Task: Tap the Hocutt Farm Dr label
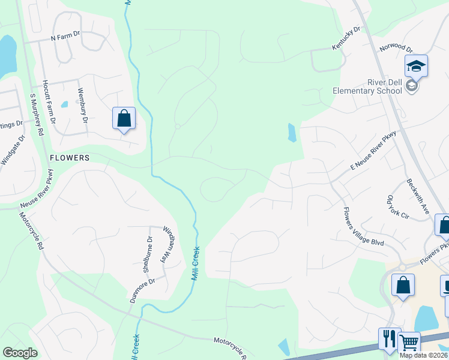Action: click(48, 103)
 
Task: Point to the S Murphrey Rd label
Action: click(37, 115)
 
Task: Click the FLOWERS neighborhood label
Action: click(70, 158)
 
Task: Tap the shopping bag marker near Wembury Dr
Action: click(124, 118)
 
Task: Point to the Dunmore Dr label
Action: click(142, 289)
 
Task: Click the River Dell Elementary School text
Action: click(367, 87)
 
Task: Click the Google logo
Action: click(20, 353)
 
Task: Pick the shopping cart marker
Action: click(409, 343)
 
